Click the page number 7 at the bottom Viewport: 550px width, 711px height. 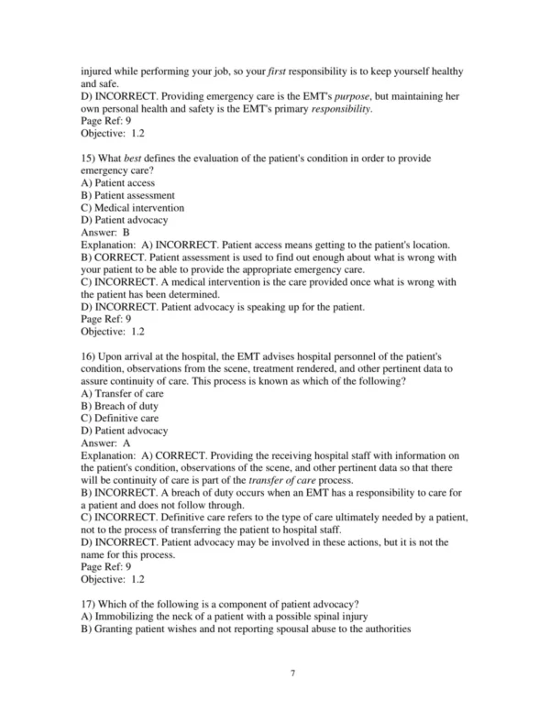click(291, 673)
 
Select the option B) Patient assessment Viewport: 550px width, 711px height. click(128, 195)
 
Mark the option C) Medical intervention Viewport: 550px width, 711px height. click(134, 208)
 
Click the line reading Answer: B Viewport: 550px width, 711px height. click(106, 233)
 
